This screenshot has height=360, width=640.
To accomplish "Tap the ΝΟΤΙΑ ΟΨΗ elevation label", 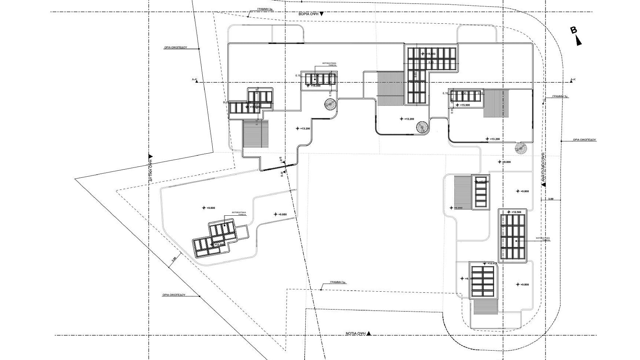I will (356, 333).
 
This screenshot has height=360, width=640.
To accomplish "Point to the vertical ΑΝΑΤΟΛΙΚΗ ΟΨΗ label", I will (543, 168).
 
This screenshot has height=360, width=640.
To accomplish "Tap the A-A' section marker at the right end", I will (573, 80).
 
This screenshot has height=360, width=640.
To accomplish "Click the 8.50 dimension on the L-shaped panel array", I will (431, 62).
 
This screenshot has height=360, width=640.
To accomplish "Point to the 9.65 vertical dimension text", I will (416, 75).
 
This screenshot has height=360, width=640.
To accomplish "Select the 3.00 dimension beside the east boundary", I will (551, 199).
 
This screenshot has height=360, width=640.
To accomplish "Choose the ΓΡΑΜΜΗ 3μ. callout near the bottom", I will (338, 282).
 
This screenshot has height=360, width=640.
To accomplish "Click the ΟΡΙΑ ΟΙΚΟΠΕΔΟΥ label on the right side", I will (584, 140).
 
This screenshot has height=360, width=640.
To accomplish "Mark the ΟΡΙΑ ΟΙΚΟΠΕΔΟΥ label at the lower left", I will (174, 295).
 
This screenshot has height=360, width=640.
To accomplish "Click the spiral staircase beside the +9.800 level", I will (521, 148).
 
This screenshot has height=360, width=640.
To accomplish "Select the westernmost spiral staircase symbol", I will (330, 104).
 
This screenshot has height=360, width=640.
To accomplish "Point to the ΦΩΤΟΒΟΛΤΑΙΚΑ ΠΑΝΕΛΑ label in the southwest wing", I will (239, 213).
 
